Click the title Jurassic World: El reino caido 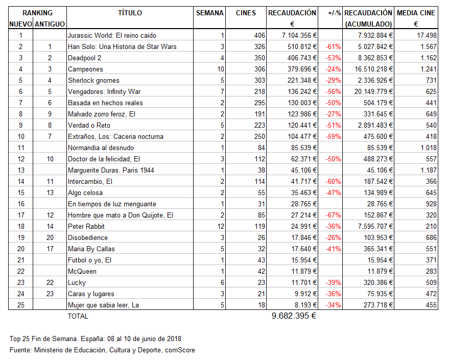point(112,35)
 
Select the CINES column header point(246,13)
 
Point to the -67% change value point(333,215)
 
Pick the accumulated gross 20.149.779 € point(370,91)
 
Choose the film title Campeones point(85,69)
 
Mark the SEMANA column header point(210,13)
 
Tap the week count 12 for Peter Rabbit point(220,226)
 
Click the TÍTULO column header point(130,13)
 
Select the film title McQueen point(82,271)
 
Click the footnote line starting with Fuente point(102,350)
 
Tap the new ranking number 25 point(20,305)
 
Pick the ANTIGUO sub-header point(50,24)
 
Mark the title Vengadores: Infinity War point(104,91)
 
